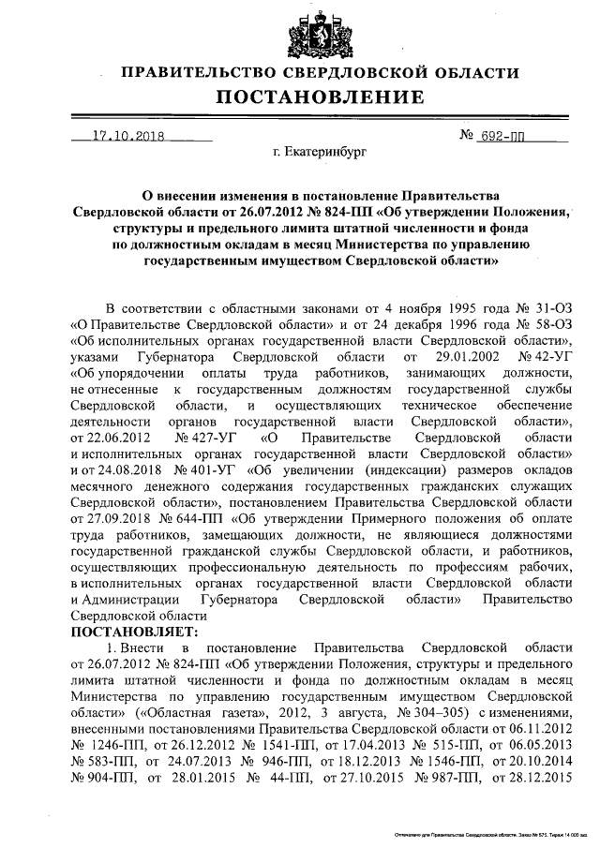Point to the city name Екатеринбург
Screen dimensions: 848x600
tap(319, 149)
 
